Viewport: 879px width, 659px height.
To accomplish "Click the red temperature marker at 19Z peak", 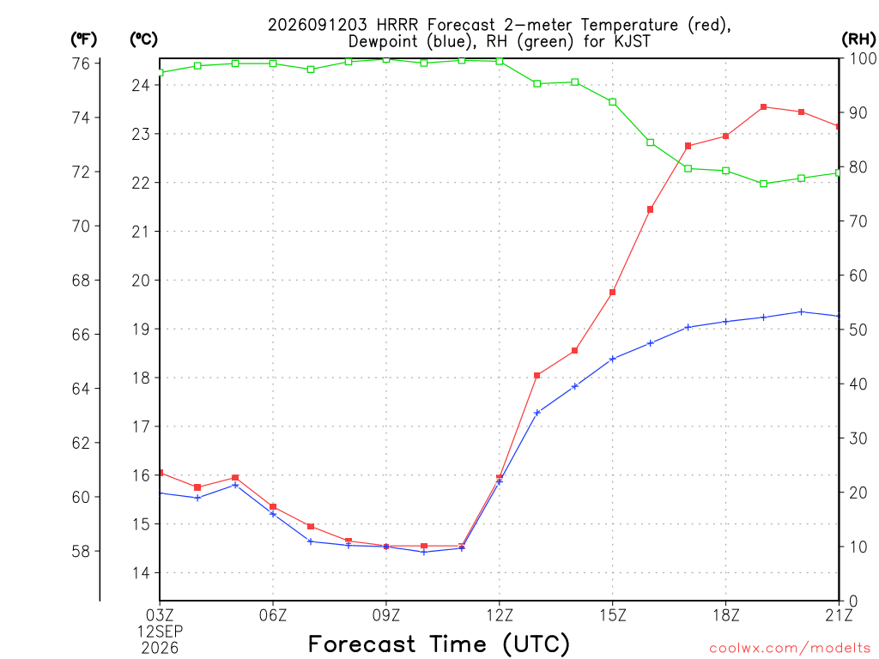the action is [763, 107].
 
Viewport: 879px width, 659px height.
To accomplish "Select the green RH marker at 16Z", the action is [651, 142].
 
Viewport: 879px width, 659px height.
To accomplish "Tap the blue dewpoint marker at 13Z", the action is [537, 413].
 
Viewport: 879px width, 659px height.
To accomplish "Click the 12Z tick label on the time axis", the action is [500, 615].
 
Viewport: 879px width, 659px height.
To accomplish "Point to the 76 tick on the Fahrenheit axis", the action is [82, 63].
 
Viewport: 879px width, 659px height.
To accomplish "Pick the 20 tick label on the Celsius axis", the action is [141, 281].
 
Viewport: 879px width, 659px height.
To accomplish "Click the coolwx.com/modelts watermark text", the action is [790, 649].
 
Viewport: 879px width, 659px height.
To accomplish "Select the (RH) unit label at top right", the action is [858, 39].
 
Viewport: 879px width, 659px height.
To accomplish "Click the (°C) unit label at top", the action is [143, 39].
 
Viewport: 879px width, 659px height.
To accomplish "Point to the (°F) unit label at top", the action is [83, 39].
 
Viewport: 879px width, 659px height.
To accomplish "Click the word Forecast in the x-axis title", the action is [362, 644].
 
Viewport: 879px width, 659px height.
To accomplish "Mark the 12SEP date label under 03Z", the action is [161, 632].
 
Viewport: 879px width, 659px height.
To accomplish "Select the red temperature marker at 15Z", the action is [613, 293].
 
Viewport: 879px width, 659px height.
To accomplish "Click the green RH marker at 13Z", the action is [537, 83].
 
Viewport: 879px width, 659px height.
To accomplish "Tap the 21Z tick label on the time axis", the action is [839, 615].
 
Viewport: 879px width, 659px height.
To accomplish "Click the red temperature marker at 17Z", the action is [688, 146].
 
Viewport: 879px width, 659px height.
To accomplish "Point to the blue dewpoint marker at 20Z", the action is [802, 312].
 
